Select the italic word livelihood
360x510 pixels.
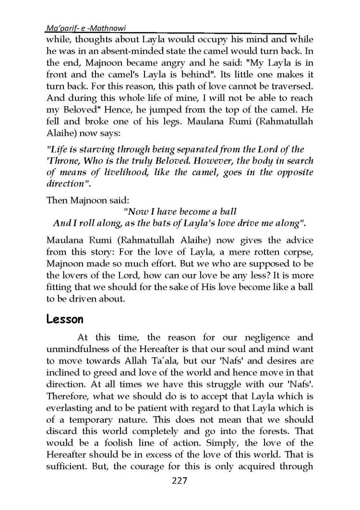click(x=126, y=174)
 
